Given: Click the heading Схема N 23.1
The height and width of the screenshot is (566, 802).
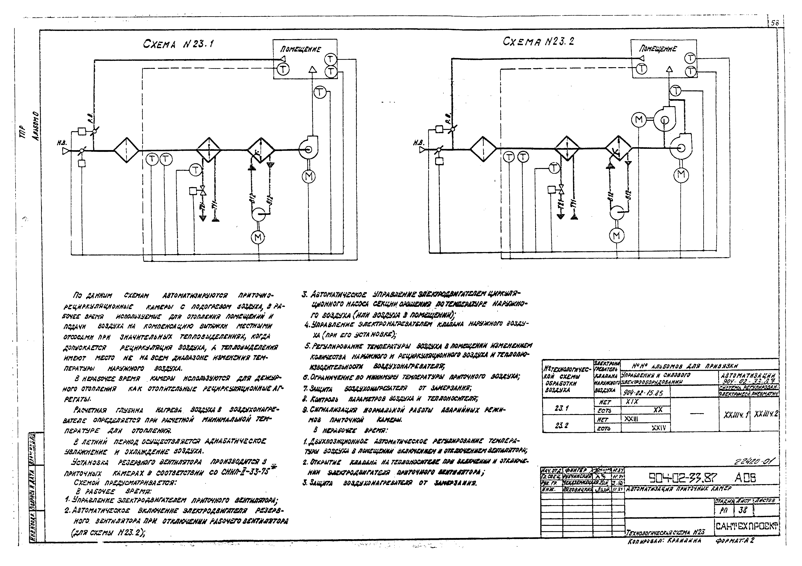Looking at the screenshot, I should point(178,44).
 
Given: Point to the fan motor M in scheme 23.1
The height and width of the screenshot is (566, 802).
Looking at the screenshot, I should point(308,177).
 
